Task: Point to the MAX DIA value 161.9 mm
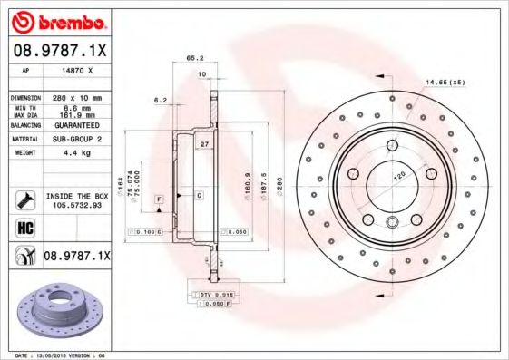tap(76, 115)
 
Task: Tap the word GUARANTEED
tap(76, 125)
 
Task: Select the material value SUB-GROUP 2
tap(76, 140)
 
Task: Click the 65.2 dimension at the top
tap(193, 58)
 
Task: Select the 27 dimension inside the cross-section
tap(205, 143)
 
